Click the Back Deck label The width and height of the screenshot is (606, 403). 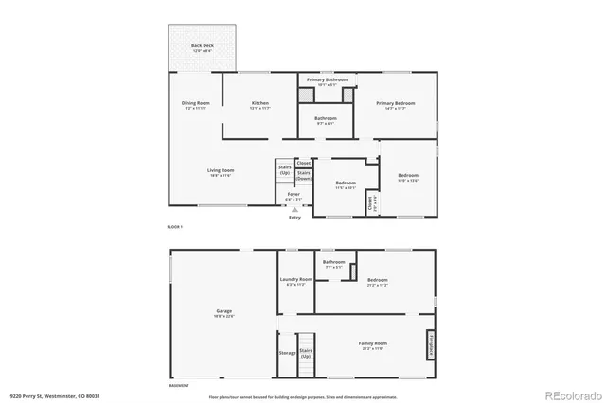202,45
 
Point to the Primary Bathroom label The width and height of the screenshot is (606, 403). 327,80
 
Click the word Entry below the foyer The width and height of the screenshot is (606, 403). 294,218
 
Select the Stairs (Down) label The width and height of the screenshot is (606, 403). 304,175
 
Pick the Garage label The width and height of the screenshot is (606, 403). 224,310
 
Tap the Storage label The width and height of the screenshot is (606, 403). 286,353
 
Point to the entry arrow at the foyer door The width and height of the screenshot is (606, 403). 294,209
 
